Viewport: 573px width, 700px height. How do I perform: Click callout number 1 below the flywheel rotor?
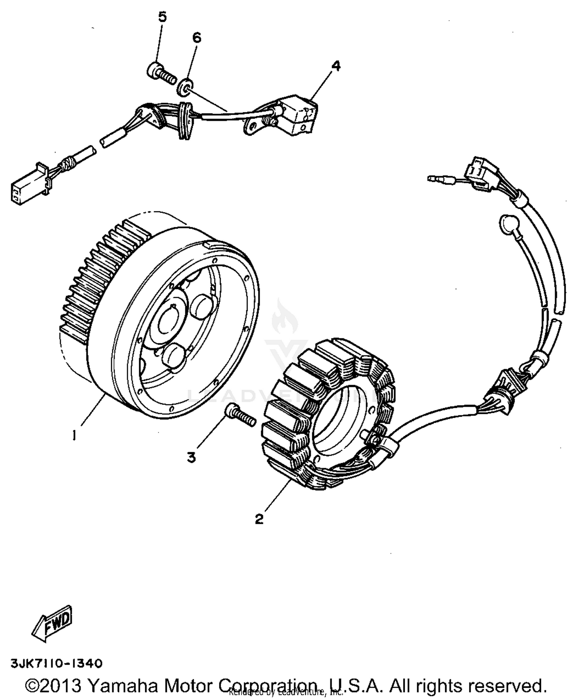[74, 435]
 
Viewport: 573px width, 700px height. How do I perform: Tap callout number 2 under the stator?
[259, 519]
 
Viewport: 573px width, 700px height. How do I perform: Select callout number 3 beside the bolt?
[191, 457]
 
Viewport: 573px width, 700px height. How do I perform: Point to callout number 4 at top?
[336, 66]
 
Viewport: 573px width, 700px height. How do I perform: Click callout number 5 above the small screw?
[162, 17]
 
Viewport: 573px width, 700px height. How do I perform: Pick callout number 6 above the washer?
[196, 37]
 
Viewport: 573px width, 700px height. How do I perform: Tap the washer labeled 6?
[185, 87]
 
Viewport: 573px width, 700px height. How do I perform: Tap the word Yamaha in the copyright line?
[123, 685]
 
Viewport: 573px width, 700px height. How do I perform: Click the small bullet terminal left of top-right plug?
[435, 178]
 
